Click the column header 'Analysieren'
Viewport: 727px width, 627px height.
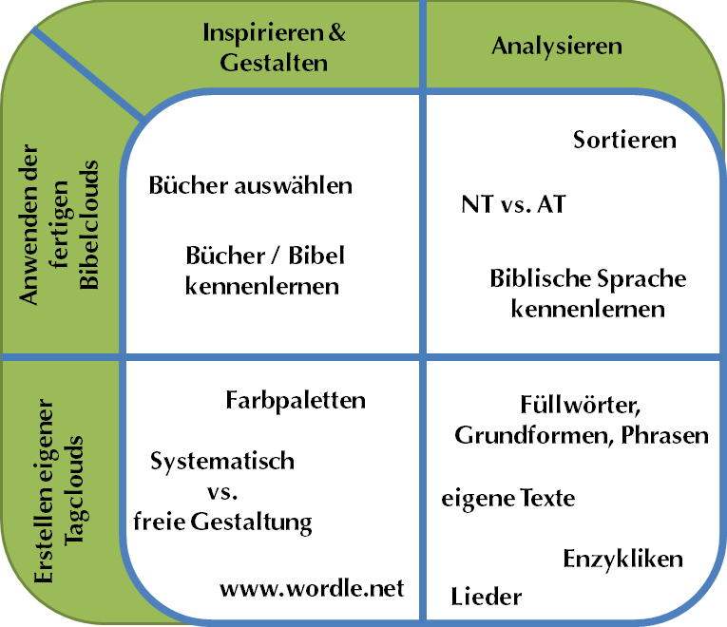tap(557, 47)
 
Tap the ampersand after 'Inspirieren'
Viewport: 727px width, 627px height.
tap(337, 32)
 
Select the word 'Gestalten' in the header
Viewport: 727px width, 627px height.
tap(274, 63)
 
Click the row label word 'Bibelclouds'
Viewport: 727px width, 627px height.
tap(89, 225)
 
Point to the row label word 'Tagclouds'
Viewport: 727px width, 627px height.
tap(74, 491)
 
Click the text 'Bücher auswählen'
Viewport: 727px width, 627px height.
tap(250, 185)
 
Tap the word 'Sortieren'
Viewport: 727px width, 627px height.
tap(624, 140)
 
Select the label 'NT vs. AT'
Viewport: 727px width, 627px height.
tap(514, 204)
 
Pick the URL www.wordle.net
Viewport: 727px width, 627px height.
tap(312, 589)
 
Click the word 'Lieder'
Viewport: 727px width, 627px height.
tap(486, 597)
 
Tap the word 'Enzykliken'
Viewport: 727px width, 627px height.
tap(623, 560)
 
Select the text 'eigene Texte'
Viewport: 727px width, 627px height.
tap(508, 499)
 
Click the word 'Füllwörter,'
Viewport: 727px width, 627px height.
tap(581, 405)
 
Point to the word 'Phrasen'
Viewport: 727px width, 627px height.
tap(665, 435)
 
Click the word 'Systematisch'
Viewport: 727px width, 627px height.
tap(222, 462)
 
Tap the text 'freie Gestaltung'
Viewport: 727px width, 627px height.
tap(222, 522)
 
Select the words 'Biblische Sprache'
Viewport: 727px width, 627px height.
tap(588, 279)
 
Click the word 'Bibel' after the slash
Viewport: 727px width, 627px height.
tap(316, 256)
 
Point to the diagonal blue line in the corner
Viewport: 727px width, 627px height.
tap(88, 74)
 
